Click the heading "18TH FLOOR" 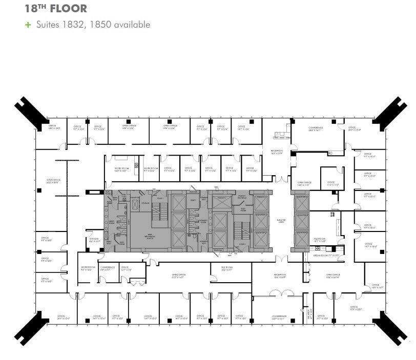pos(56,9)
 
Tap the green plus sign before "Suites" pos(28,24)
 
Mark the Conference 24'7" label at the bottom pos(279,317)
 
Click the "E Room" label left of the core pos(94,240)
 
